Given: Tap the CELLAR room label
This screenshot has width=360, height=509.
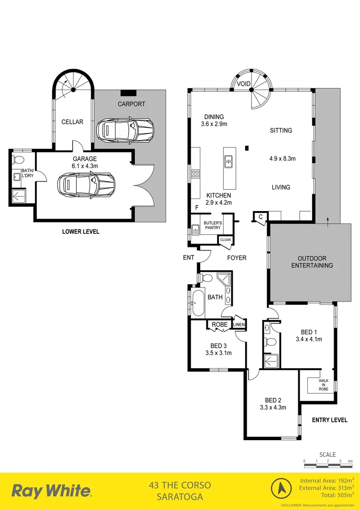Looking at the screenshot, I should pyautogui.click(x=72, y=122).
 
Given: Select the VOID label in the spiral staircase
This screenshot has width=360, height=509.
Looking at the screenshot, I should pyautogui.click(x=244, y=84).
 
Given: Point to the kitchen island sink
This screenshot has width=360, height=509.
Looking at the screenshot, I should pyautogui.click(x=229, y=162).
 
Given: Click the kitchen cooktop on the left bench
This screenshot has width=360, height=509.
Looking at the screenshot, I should pyautogui.click(x=195, y=175).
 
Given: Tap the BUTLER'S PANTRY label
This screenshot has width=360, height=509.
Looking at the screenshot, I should pyautogui.click(x=213, y=225).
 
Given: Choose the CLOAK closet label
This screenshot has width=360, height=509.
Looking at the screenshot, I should pyautogui.click(x=226, y=239).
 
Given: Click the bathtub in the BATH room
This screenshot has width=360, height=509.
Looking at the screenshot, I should pyautogui.click(x=197, y=302).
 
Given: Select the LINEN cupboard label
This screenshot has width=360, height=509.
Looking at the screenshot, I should pyautogui.click(x=239, y=325).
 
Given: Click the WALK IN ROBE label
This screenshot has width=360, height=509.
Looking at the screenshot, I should pyautogui.click(x=323, y=385).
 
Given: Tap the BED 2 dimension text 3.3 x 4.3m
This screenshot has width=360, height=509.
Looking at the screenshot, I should pyautogui.click(x=273, y=407).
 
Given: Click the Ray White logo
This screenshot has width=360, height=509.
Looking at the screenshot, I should pyautogui.click(x=51, y=491).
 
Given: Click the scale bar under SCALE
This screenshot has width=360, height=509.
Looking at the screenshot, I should pyautogui.click(x=328, y=465).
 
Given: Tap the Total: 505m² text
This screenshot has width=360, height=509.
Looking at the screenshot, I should pyautogui.click(x=332, y=496).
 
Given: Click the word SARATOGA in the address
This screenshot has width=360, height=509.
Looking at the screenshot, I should pyautogui.click(x=180, y=497).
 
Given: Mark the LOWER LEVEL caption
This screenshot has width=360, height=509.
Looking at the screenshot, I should pyautogui.click(x=81, y=232).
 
